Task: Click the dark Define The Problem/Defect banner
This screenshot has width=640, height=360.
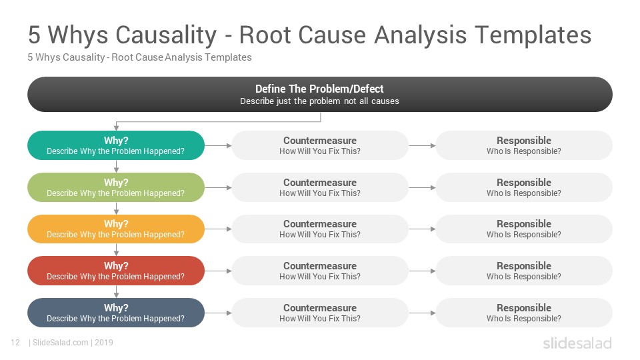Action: tap(320, 94)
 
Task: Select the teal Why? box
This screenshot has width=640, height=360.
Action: tap(116, 145)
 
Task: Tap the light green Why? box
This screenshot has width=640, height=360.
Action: tap(116, 187)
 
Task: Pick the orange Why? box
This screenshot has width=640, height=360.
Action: tap(116, 229)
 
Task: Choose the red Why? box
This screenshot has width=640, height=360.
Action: tap(116, 271)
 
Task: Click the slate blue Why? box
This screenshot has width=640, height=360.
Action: tap(116, 313)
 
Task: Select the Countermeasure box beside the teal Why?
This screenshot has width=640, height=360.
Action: tap(320, 145)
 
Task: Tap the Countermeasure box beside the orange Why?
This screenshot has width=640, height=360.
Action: tap(320, 229)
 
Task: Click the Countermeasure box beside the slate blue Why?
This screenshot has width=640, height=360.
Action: tap(320, 313)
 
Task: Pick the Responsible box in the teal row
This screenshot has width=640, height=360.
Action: tap(524, 145)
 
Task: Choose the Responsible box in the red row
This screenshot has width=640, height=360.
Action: tap(524, 271)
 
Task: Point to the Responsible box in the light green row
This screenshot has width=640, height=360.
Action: tap(524, 187)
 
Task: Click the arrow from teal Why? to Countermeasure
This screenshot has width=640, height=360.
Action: tap(218, 145)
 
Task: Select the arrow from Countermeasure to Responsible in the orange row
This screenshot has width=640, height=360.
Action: tap(422, 229)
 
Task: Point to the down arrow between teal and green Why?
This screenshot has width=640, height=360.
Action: tap(116, 166)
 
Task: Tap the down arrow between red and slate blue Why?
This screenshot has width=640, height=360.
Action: tap(116, 291)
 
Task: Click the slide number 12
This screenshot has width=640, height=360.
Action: tap(15, 343)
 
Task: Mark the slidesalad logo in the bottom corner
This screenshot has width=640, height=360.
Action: tap(577, 343)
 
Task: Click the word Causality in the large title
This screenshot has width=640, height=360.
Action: tap(166, 35)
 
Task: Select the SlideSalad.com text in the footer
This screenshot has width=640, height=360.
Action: tap(61, 343)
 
